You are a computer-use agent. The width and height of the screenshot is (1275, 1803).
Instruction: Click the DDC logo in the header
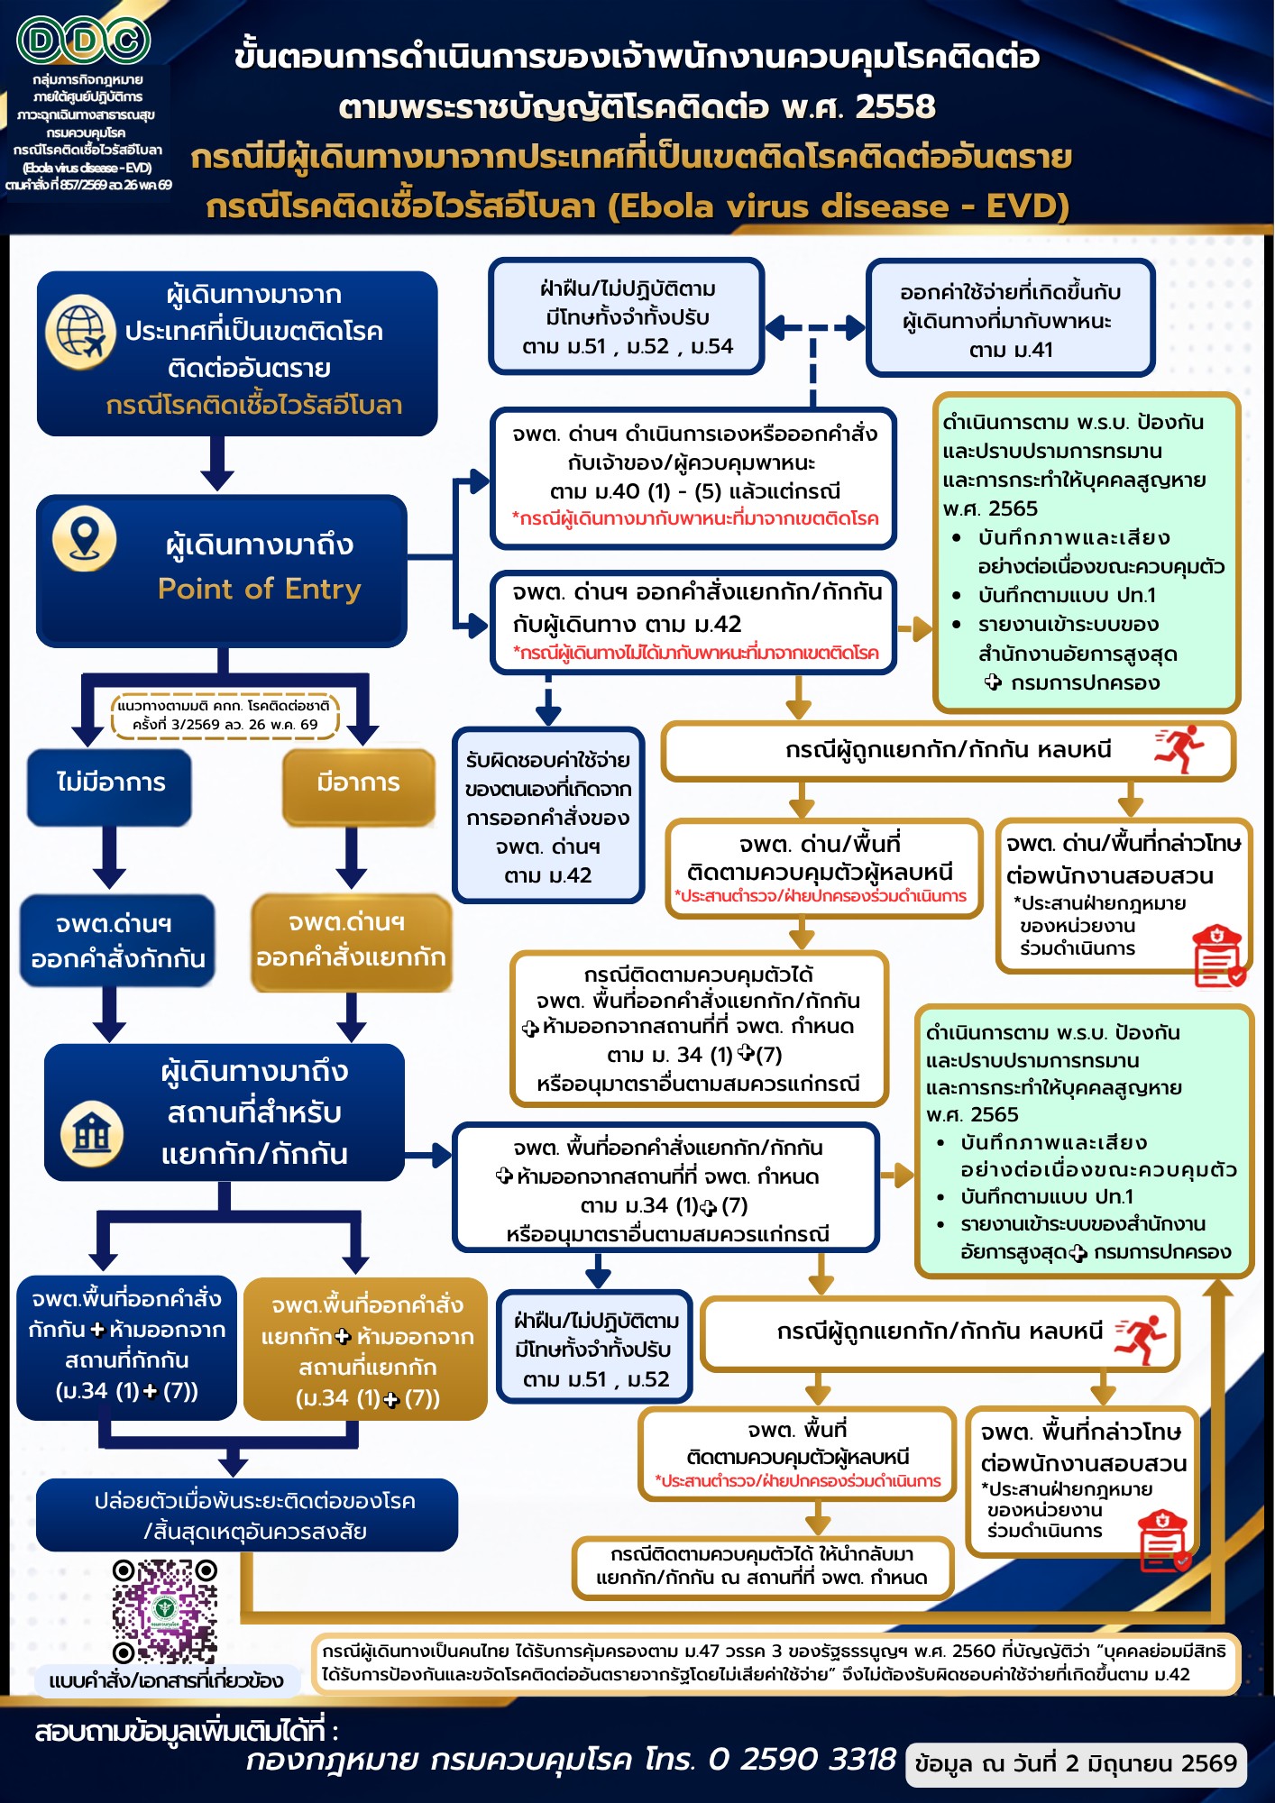(84, 41)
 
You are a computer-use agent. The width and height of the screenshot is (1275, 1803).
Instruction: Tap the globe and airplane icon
(81, 332)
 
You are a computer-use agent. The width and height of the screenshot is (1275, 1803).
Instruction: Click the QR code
(164, 1612)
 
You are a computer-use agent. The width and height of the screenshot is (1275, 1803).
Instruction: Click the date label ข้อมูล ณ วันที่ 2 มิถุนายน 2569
(1076, 1763)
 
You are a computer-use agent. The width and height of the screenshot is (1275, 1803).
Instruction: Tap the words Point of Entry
(260, 589)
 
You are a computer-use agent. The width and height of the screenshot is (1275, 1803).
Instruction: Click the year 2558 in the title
(895, 106)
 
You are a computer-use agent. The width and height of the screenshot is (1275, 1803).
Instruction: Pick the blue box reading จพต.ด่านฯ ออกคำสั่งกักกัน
(118, 940)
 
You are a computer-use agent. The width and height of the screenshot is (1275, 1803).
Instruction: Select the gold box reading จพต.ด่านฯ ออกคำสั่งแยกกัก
(351, 941)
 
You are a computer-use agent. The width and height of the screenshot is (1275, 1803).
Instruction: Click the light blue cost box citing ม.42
(548, 816)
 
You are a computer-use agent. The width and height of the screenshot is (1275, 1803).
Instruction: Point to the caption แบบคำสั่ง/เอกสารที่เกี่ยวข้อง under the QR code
(166, 1680)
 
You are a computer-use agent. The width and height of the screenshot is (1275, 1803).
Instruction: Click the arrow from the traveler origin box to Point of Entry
(217, 463)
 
